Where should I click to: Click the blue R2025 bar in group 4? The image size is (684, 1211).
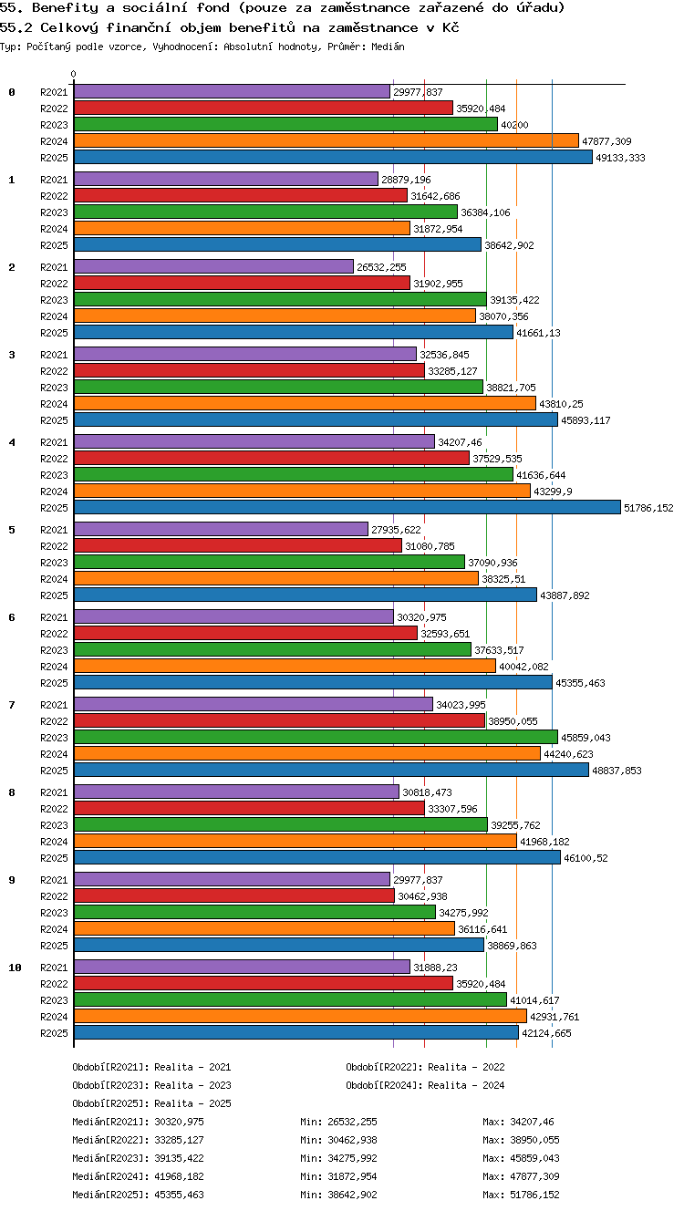pyautogui.click(x=347, y=507)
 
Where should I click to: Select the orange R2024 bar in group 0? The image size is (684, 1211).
pyautogui.click(x=326, y=140)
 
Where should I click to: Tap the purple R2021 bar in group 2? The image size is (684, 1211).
pyautogui.click(x=213, y=266)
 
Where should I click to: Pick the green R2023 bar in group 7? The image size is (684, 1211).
pyautogui.click(x=316, y=737)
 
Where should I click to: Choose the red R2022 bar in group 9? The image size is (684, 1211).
pyautogui.click(x=234, y=895)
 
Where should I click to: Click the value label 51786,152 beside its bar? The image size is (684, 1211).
pyautogui.click(x=648, y=508)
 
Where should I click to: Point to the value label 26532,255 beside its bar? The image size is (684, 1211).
pyautogui.click(x=381, y=267)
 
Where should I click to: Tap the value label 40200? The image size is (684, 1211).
pyautogui.click(x=514, y=125)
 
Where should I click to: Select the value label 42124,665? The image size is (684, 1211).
pyautogui.click(x=546, y=1033)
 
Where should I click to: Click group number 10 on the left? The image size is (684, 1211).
pyautogui.click(x=15, y=968)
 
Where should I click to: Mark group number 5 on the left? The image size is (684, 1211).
pyautogui.click(x=12, y=530)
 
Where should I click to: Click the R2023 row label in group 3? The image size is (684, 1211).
pyautogui.click(x=54, y=388)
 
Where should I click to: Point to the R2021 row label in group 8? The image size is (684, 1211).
pyautogui.click(x=54, y=792)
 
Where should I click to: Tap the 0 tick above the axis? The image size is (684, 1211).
pyautogui.click(x=74, y=74)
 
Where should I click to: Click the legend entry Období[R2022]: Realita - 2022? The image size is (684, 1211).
pyautogui.click(x=425, y=1067)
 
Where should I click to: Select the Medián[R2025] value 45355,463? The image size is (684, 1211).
pyautogui.click(x=179, y=1195)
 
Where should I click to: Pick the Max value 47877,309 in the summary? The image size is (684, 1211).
pyautogui.click(x=534, y=1175)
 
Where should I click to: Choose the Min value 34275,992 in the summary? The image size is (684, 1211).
pyautogui.click(x=352, y=1158)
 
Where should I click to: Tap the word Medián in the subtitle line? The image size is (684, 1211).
pyautogui.click(x=388, y=47)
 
